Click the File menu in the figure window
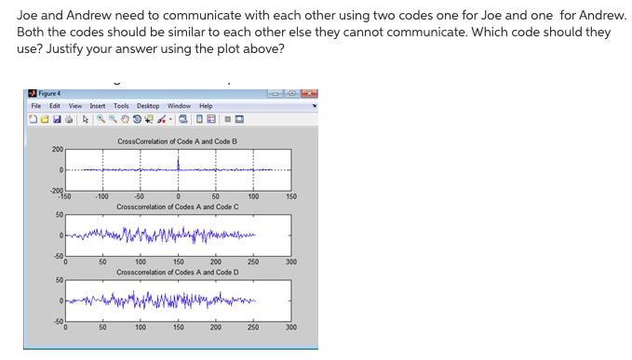[x=35, y=106]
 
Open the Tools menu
[x=121, y=106]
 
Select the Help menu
[x=206, y=106]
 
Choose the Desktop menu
[x=147, y=106]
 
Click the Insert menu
[x=98, y=106]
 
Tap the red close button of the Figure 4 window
[x=310, y=93]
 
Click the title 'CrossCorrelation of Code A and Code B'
[x=177, y=141]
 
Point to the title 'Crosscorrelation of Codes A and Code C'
[x=177, y=207]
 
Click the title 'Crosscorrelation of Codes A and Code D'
[x=177, y=273]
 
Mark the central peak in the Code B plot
[x=178, y=160]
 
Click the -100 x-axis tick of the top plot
[x=101, y=197]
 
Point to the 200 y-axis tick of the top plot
[x=58, y=150]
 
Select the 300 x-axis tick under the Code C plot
[x=291, y=262]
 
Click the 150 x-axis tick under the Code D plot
[x=178, y=327]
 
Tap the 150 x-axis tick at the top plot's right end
[x=291, y=197]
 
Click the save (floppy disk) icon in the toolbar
[x=57, y=118]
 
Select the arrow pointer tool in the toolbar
[x=85, y=118]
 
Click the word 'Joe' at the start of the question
[x=26, y=15]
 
